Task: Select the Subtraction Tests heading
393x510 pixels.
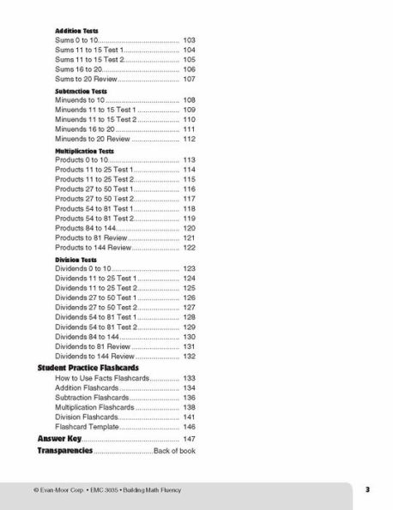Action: tap(80, 90)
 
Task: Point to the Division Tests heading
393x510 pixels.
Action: tap(76, 259)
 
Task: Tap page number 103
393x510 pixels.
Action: tap(190, 40)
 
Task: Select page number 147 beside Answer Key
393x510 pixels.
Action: tap(190, 439)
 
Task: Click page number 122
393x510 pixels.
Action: tap(190, 248)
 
